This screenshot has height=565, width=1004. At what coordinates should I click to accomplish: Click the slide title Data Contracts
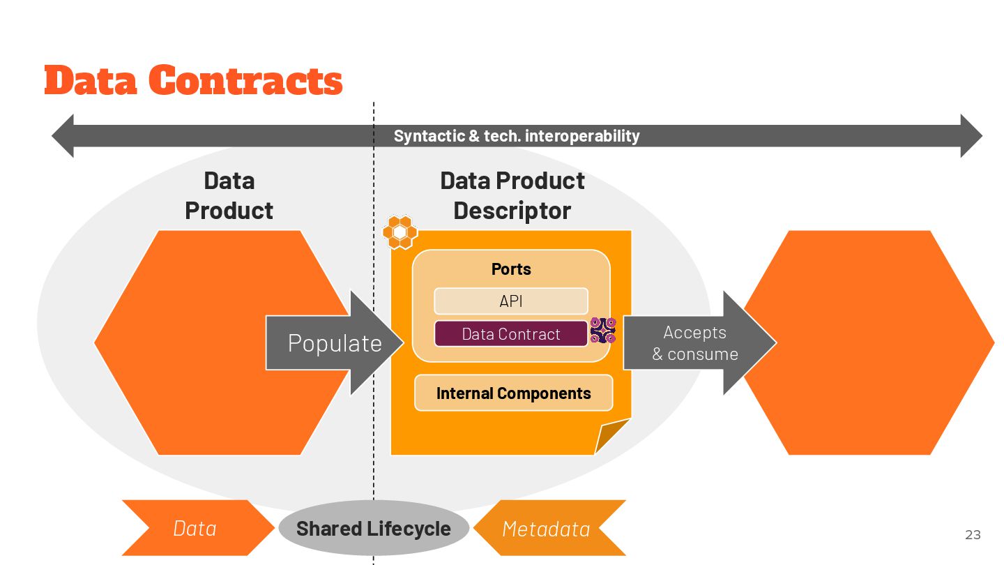(193, 80)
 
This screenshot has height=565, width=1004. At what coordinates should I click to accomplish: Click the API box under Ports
(511, 301)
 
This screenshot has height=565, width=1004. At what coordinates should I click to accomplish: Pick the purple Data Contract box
(511, 334)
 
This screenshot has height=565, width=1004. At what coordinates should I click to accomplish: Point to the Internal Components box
(514, 393)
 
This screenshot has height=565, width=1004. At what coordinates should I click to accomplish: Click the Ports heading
(511, 269)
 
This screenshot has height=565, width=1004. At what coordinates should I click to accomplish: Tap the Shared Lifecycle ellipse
(374, 529)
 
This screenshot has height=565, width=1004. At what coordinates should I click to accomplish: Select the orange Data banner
(195, 529)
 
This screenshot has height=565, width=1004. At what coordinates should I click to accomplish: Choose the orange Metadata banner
(547, 529)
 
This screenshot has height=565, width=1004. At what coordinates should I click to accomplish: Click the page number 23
(973, 535)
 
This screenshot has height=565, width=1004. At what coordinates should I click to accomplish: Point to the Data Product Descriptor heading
(512, 195)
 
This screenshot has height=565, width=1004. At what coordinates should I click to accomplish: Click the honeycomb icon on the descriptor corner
(400, 232)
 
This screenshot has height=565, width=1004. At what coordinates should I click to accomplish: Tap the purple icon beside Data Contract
(603, 330)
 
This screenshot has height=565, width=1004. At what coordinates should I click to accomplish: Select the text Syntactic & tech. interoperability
(517, 136)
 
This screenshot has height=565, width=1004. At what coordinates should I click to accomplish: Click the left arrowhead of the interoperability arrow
(63, 136)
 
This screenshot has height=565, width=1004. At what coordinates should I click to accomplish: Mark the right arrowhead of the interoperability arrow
(971, 136)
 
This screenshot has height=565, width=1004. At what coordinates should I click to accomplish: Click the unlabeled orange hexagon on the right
(868, 343)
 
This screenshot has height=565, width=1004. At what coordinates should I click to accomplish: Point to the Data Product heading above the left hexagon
(229, 195)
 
